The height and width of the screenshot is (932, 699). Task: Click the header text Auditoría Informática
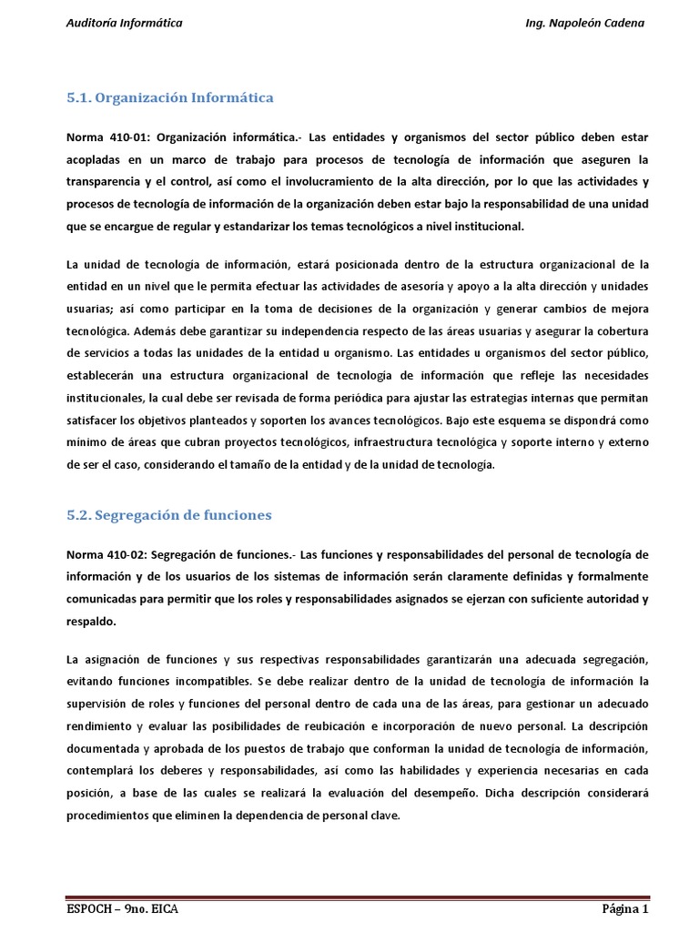pos(125,23)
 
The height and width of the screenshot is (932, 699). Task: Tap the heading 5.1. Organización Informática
pos(170,97)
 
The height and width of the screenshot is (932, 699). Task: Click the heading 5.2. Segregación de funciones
pos(169,515)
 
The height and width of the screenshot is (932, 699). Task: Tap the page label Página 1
pos(624,909)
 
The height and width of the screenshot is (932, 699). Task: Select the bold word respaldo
pos(92,621)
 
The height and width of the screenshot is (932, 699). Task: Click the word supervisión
pos(99,703)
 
